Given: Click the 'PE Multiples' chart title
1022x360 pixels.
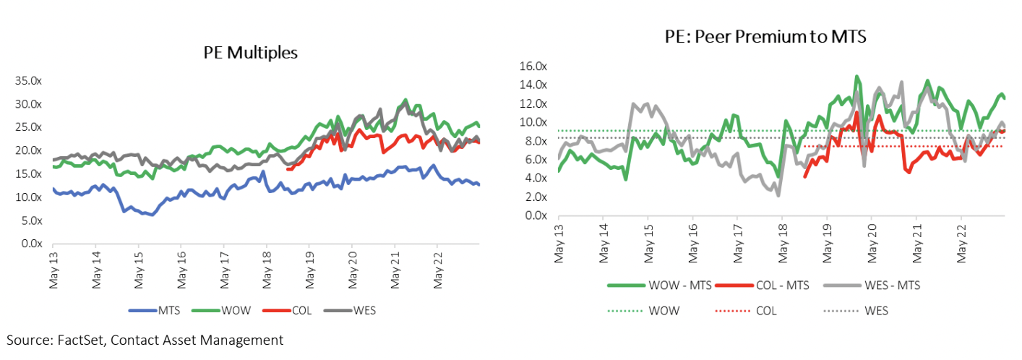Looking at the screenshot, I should [x=252, y=53].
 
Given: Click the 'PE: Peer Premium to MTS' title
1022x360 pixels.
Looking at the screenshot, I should [x=765, y=37].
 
